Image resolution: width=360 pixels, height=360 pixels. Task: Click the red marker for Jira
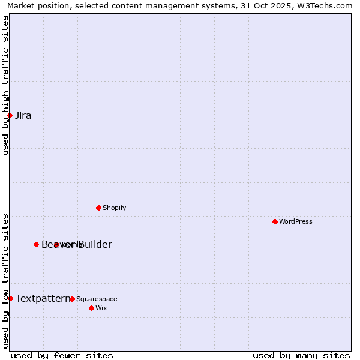(10, 115)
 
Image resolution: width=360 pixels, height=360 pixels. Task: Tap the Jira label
(23, 116)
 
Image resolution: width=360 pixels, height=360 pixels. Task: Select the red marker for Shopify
(98, 208)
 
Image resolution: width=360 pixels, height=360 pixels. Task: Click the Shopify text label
(114, 208)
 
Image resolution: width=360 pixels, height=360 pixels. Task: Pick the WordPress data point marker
(275, 221)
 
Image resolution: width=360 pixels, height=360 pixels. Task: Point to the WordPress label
(296, 222)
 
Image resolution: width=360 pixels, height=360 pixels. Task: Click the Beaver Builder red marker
(36, 244)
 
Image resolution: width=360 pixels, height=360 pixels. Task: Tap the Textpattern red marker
(10, 298)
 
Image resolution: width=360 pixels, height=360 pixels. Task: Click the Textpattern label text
(43, 298)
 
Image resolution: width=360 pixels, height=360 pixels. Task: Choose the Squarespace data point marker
(72, 299)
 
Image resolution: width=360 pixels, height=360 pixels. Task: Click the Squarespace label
(97, 299)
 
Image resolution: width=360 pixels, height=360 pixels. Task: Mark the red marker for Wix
(91, 308)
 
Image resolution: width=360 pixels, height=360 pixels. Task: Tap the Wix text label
(101, 308)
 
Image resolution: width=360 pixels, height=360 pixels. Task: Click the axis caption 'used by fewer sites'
(62, 355)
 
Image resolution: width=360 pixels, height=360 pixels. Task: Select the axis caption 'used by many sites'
(301, 355)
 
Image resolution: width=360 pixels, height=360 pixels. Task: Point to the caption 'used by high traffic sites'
(5, 86)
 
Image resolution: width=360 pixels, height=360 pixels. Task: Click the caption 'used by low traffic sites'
(5, 280)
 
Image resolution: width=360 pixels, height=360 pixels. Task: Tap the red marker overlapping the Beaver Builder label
(56, 244)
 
